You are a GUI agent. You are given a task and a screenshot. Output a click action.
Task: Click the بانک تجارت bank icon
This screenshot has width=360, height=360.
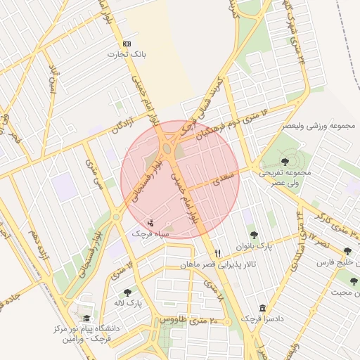point(127,44)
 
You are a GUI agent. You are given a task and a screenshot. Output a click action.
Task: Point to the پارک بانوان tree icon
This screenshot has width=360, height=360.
point(254,235)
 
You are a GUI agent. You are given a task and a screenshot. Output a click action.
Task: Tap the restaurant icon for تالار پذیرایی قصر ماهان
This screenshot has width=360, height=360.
point(218,253)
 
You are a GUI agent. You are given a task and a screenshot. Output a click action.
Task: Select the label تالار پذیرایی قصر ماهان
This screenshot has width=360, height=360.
point(218,264)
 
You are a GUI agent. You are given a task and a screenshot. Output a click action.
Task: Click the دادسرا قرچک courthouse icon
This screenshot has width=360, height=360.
point(262,308)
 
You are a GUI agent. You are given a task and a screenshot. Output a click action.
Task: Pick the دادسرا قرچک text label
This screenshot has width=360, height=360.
point(262,319)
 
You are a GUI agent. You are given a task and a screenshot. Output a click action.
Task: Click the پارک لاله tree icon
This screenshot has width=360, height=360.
point(127,292)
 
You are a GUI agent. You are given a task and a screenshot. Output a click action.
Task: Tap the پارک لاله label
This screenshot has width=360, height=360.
point(129,303)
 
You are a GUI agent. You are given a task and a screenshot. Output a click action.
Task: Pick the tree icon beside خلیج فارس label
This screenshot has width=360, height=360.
point(347,251)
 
